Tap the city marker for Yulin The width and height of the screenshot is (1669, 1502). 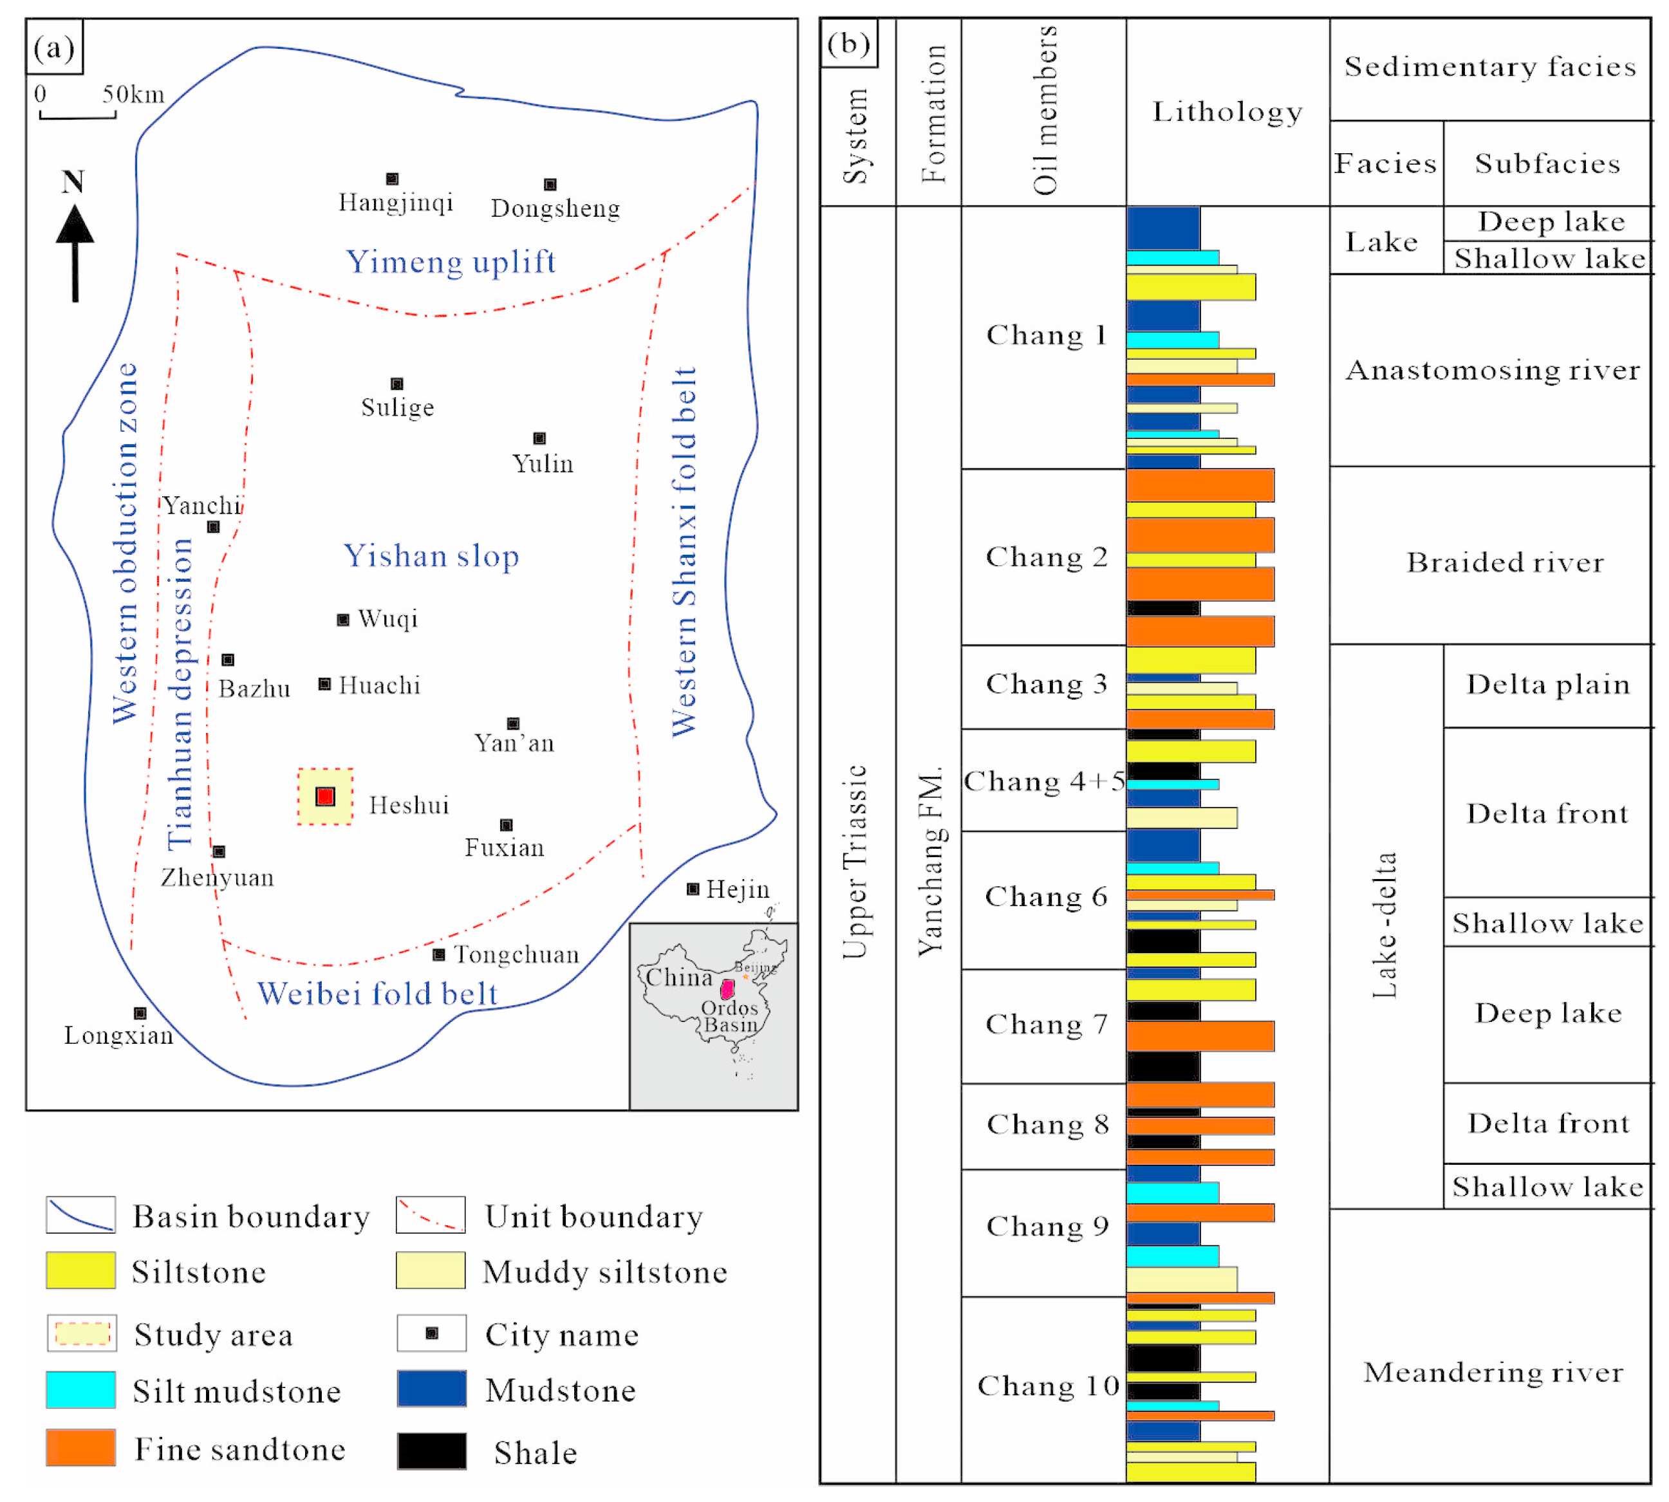coord(539,438)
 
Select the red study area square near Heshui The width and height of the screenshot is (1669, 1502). coord(325,797)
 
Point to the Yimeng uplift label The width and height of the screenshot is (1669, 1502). coord(451,262)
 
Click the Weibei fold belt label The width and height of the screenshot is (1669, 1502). coord(378,993)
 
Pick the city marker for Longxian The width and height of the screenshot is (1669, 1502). coord(140,1013)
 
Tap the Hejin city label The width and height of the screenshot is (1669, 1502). coord(737,889)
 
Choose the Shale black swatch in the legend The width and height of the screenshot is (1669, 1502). coord(432,1451)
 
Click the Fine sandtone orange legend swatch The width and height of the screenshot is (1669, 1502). coord(81,1449)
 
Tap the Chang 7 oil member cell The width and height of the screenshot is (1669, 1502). coord(1045,1024)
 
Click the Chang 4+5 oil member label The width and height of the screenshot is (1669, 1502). coord(1044,781)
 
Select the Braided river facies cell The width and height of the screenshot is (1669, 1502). coord(1504,562)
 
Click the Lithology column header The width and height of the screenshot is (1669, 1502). coord(1227,111)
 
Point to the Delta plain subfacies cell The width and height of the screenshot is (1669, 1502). coord(1547,684)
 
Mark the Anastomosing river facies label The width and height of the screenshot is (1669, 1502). coord(1493,370)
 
